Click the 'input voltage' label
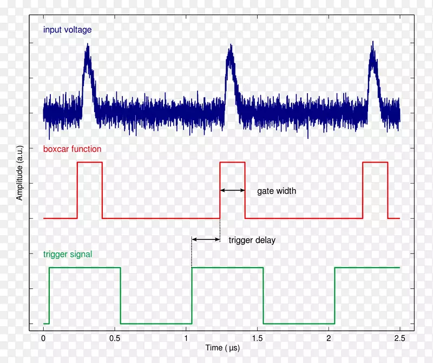point(68,30)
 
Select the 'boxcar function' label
point(72,149)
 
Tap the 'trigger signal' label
point(68,254)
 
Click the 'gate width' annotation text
point(277,191)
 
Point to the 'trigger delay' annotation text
point(252,240)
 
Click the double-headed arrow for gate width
point(232,190)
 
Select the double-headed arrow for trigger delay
point(206,239)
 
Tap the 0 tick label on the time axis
point(43,338)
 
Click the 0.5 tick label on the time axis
point(115,338)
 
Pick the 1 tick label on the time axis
point(186,338)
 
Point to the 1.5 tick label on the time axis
point(257,338)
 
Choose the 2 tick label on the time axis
point(329,338)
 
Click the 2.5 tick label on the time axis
point(399,338)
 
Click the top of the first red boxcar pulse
point(90,162)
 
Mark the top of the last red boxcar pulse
point(375,162)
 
